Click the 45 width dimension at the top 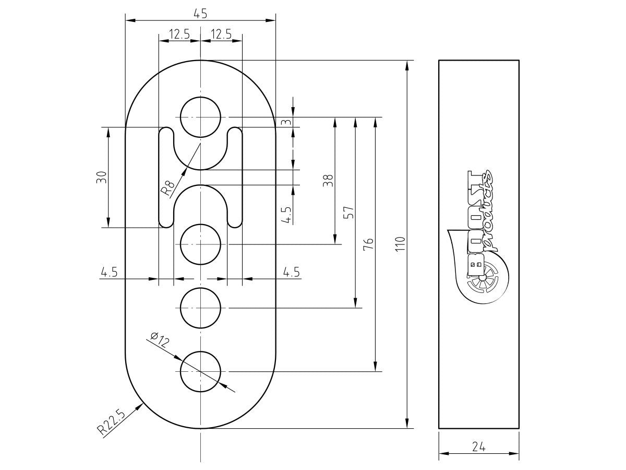[x=200, y=14]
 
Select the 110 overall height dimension [x=401, y=244]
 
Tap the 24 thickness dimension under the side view [x=478, y=446]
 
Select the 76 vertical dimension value [x=368, y=244]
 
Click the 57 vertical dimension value [x=348, y=213]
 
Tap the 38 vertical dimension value [x=328, y=181]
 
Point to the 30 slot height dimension [x=102, y=177]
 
